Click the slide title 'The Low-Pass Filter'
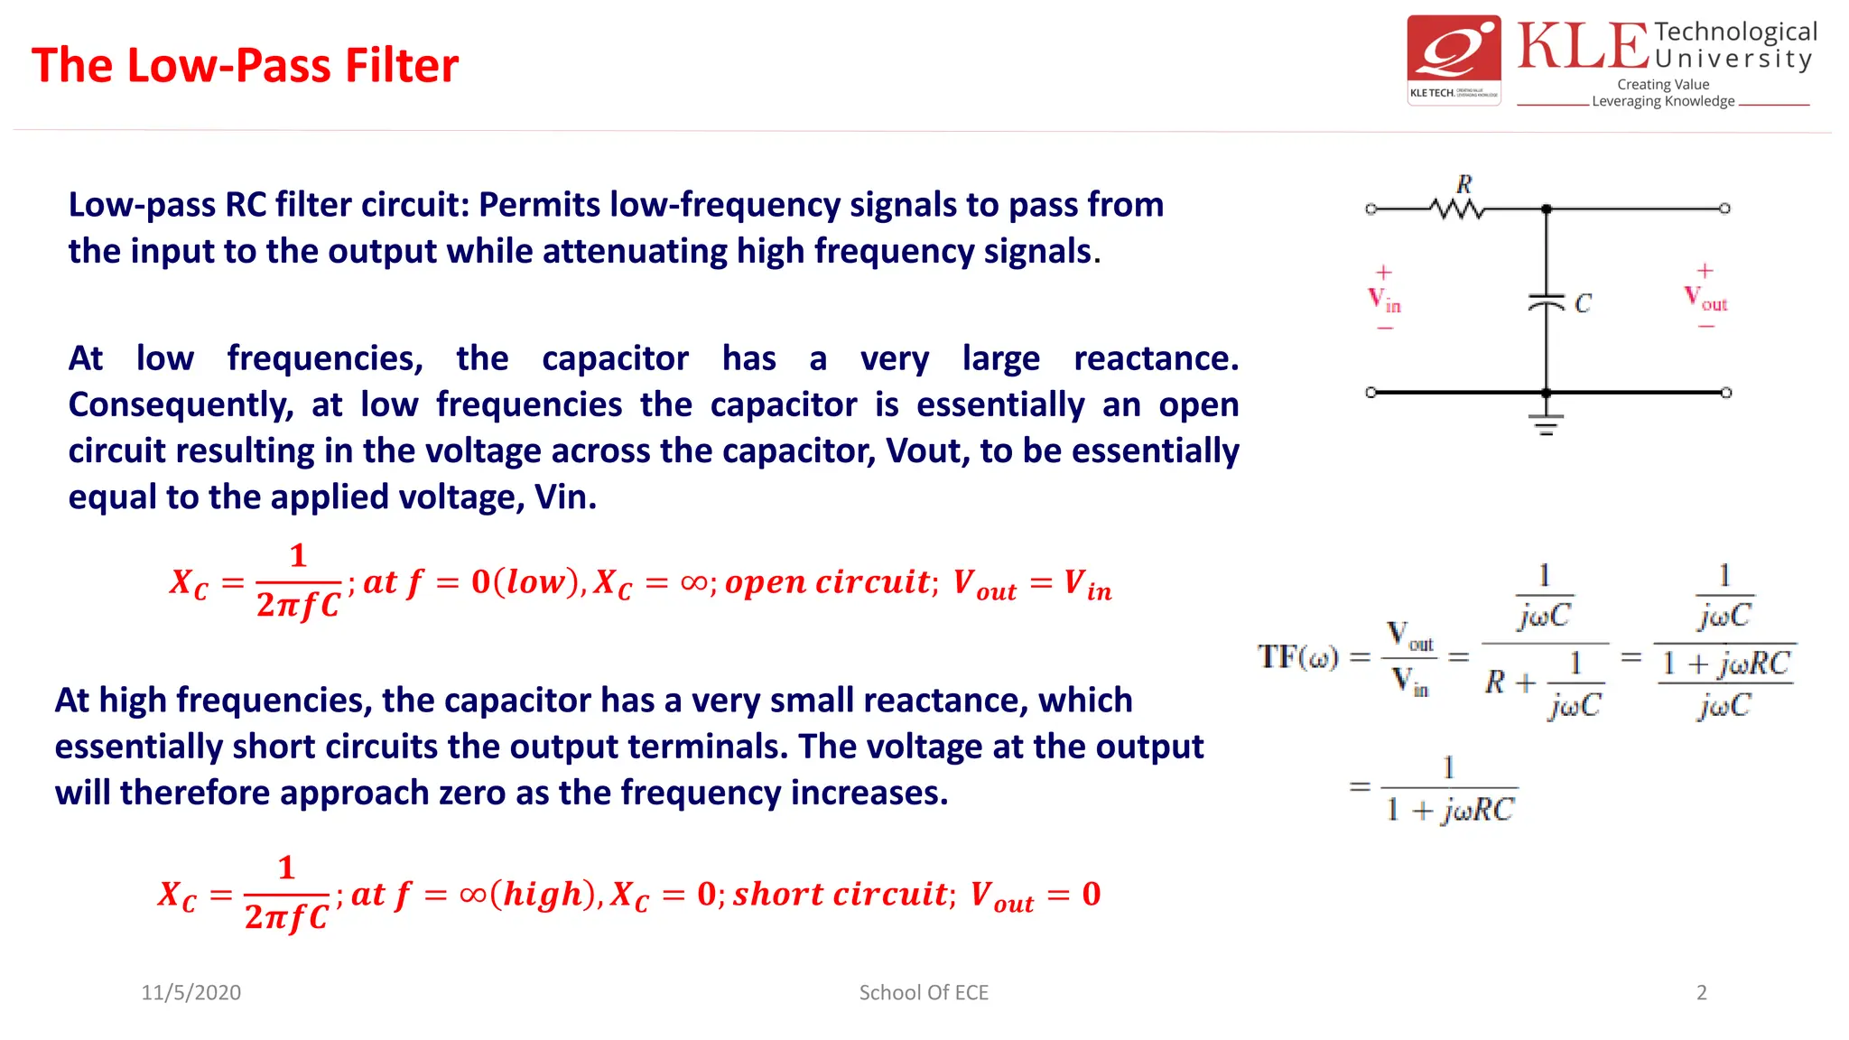245,66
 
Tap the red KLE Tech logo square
1454,60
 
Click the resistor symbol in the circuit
1457,209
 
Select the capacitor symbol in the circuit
1546,302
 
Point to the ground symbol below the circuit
1546,424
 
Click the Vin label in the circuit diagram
1384,300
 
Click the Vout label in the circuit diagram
1705,298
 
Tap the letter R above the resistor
1464,184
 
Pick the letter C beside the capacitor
1583,303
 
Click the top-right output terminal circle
1724,209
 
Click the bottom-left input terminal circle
1370,393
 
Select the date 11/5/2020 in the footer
190,992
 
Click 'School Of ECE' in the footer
924,992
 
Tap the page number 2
1702,992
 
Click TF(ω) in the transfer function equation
1298,656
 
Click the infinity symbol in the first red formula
693,582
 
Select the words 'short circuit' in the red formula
841,894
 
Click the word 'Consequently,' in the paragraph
181,404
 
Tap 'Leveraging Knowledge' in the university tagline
1663,101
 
